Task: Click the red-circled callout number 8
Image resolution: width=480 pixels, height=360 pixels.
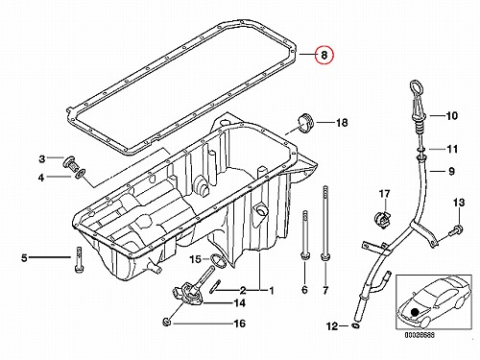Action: click(324, 55)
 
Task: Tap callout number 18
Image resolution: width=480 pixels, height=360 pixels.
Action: click(342, 123)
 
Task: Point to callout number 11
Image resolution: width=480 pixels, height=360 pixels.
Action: click(452, 149)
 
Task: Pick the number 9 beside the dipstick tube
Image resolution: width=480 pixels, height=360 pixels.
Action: click(451, 171)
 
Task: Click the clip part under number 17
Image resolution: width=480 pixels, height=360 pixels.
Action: click(383, 220)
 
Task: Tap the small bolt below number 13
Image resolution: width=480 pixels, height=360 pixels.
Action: click(455, 230)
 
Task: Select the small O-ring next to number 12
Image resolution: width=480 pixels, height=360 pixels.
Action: click(355, 325)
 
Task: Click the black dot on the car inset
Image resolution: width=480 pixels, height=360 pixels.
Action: click(415, 312)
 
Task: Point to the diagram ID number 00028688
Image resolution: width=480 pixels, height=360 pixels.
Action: click(420, 335)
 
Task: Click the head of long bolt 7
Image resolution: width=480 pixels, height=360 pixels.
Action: click(325, 256)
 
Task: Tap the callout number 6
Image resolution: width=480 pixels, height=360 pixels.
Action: click(304, 290)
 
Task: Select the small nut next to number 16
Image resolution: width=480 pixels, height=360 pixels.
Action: click(166, 322)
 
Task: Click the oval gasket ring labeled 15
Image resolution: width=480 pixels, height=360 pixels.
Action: click(218, 260)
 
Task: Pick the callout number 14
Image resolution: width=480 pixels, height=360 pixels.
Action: click(239, 303)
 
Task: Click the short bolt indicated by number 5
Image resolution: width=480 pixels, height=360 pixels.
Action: click(79, 259)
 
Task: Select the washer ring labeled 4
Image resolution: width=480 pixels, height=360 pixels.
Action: click(81, 174)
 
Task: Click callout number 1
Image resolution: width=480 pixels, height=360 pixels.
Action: click(272, 291)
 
